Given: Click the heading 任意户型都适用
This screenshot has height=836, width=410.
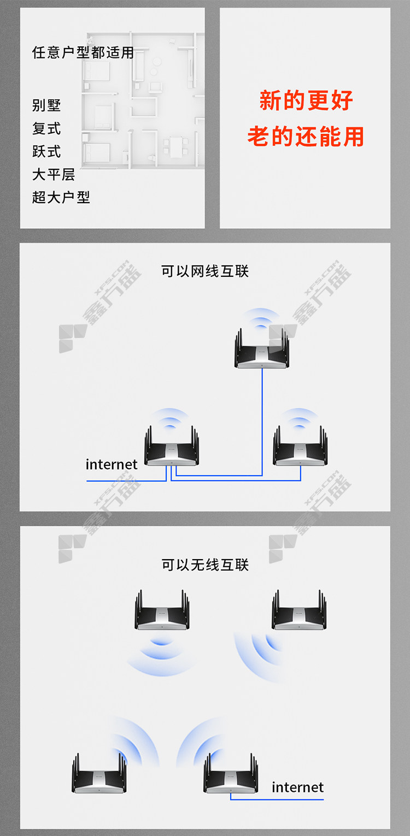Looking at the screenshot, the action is tap(83, 52).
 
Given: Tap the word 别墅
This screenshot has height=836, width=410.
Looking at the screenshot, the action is tap(46, 105).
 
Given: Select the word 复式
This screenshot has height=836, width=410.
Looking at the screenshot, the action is tap(46, 128).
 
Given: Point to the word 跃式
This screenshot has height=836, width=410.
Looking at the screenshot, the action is tap(46, 151).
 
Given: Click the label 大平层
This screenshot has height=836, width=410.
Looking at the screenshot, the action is tap(54, 175).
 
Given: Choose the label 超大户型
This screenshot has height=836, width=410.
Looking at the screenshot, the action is tap(61, 198).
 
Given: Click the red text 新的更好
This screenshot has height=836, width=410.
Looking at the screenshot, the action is tap(306, 100).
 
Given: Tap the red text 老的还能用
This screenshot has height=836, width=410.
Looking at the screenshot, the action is tap(306, 136).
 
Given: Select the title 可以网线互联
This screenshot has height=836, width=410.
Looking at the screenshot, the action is tap(205, 271).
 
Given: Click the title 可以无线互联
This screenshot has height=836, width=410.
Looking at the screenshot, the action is tap(205, 565).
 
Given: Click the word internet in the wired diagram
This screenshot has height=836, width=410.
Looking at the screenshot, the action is tap(112, 465).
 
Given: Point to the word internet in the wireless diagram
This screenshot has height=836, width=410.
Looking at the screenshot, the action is tap(297, 787).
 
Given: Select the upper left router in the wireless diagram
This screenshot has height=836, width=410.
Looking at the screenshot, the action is tap(162, 609).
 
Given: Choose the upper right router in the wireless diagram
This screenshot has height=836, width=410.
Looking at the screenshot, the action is tap(299, 609).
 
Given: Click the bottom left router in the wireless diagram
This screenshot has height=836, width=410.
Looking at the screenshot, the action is tap(99, 773).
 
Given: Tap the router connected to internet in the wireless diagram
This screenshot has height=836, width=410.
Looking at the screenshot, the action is tap(231, 773).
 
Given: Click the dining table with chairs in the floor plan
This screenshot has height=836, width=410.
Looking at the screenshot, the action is tap(175, 147).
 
